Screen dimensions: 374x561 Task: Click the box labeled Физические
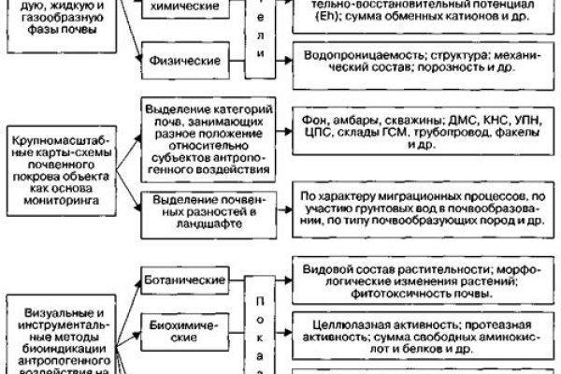(x=183, y=62)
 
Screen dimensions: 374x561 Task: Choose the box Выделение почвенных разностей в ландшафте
(x=197, y=211)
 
